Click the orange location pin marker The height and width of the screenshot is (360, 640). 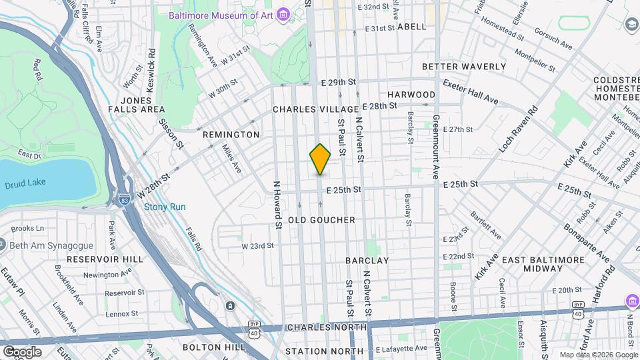pos(320,159)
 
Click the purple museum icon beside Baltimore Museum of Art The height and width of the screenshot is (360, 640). pos(284,13)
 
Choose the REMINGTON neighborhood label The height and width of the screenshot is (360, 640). pos(231,135)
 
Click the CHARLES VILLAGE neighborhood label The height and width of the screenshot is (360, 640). pos(315,109)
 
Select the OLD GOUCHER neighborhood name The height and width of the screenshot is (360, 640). pos(321,219)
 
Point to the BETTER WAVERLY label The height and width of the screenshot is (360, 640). pos(464,67)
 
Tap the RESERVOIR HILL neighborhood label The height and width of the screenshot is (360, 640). pos(105,259)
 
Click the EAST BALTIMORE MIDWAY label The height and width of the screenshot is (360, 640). pos(541,263)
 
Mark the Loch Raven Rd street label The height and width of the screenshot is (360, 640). pos(522,129)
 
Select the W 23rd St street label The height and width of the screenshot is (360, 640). pos(257,245)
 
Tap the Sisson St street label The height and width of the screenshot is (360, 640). pos(170,131)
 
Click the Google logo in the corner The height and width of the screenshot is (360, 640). pos(22,351)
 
